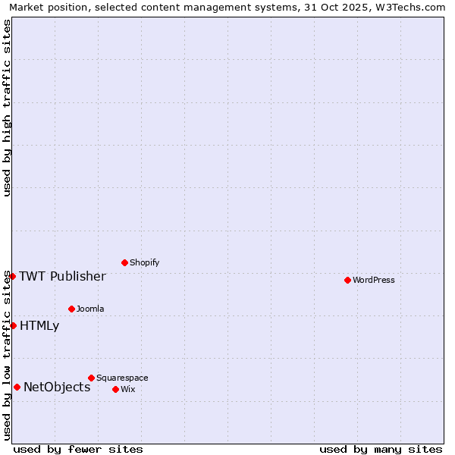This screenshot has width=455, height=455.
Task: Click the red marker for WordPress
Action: click(347, 280)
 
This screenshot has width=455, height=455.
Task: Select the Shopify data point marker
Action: click(124, 262)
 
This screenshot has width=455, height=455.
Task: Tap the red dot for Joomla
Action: click(71, 309)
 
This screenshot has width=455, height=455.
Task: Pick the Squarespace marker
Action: click(91, 378)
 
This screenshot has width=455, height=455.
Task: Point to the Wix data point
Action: click(115, 389)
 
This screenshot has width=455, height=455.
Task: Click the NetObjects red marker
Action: click(17, 387)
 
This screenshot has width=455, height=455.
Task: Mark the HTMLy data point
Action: click(13, 325)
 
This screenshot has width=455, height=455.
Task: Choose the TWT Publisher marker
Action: click(12, 276)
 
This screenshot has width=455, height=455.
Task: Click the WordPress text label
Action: click(374, 280)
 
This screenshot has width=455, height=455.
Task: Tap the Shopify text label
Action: click(145, 262)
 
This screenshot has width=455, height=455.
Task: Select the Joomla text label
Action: click(90, 309)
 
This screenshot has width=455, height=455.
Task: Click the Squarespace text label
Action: click(122, 378)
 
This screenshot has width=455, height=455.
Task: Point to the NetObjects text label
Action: click(57, 387)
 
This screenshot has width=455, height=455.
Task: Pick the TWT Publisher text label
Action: click(62, 276)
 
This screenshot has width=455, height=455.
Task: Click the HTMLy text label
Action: click(39, 325)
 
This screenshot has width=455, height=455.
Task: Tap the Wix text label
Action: click(128, 389)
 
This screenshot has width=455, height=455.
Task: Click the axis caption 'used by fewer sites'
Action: click(78, 449)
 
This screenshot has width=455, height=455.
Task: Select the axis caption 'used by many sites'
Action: click(381, 449)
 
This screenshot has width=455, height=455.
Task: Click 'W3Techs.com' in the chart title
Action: click(413, 7)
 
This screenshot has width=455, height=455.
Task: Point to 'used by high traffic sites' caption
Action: click(7, 108)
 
